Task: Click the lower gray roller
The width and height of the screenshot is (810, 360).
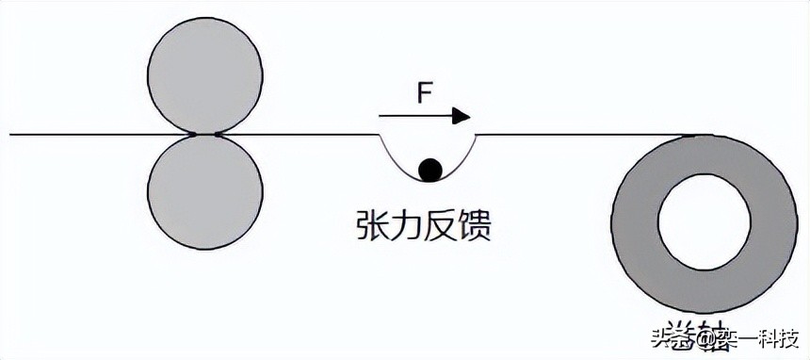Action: click(x=206, y=194)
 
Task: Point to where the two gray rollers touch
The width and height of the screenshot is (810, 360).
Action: click(x=206, y=135)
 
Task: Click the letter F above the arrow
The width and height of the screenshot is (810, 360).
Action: click(x=425, y=94)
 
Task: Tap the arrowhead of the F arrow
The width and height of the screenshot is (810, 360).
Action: click(x=461, y=116)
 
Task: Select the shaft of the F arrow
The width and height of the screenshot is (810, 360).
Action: click(x=414, y=116)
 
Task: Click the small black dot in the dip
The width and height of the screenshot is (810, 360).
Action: click(x=430, y=169)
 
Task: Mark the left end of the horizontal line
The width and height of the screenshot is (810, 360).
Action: click(x=11, y=135)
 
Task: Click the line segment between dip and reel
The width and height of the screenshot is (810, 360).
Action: click(x=565, y=135)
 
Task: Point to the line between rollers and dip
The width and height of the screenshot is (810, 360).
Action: click(x=301, y=135)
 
